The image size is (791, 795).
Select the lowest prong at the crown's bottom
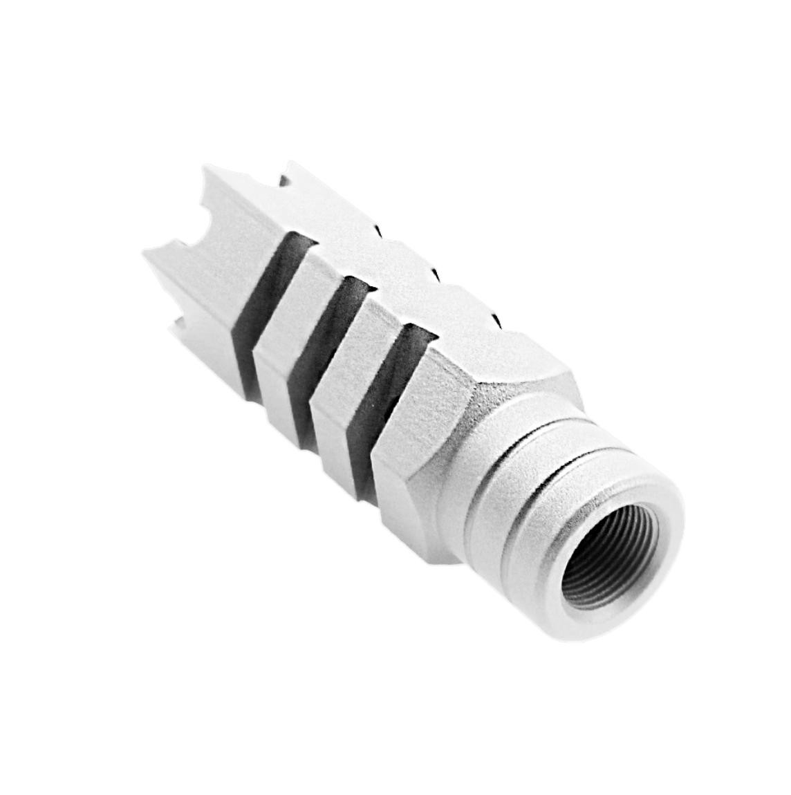click(x=180, y=325)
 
